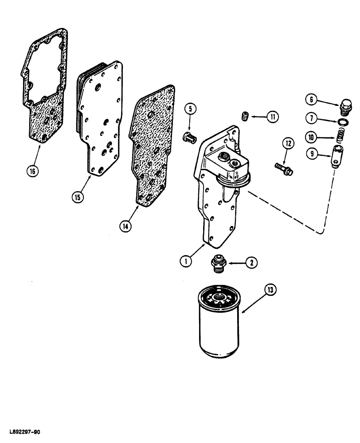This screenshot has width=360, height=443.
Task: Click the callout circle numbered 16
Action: tap(34, 170)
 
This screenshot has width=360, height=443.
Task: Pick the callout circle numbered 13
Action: tap(270, 290)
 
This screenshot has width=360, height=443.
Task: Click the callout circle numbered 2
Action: tap(251, 263)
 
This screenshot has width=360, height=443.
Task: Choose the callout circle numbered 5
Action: tap(189, 108)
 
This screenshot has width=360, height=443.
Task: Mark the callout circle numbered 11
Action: tap(271, 117)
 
